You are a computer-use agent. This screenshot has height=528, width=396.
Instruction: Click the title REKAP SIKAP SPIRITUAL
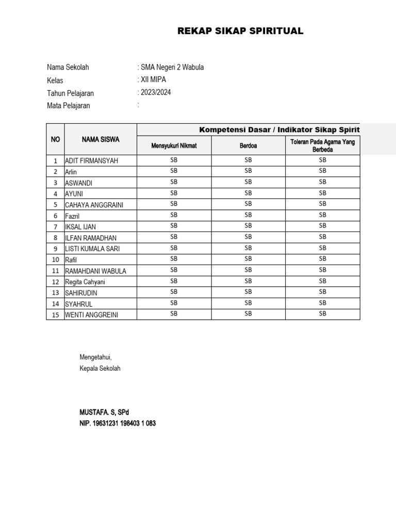click(240, 31)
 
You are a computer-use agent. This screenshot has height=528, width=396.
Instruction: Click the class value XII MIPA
click(154, 80)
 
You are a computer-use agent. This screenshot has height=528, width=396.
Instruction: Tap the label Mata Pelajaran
click(69, 106)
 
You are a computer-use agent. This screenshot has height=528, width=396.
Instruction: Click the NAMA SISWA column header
click(101, 139)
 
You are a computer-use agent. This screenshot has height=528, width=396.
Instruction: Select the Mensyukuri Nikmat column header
click(174, 146)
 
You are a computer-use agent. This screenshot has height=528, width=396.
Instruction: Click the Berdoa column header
click(248, 146)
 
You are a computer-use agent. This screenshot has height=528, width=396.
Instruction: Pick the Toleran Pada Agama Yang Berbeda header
click(323, 145)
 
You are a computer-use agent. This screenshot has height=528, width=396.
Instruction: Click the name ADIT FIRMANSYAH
click(92, 161)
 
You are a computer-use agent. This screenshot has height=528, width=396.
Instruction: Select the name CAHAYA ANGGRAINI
click(94, 205)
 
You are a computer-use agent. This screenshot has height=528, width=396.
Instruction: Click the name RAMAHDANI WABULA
click(96, 271)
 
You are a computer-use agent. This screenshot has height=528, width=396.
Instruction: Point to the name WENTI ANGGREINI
click(92, 315)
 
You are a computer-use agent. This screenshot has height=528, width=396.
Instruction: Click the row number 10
click(55, 259)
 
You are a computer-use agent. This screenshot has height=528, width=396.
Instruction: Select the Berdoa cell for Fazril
click(248, 215)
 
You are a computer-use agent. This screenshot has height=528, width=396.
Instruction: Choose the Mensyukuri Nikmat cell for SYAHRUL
click(174, 303)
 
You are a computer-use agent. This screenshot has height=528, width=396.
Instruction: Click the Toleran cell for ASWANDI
click(323, 182)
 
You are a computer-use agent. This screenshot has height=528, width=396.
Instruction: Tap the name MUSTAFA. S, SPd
click(104, 412)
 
